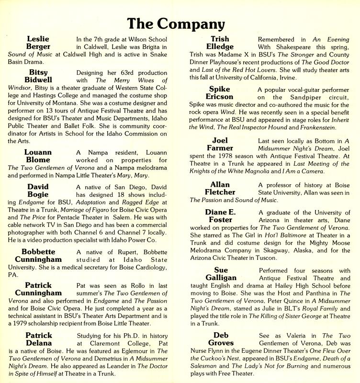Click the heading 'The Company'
[x=180, y=22]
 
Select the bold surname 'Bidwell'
[x=40, y=80]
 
